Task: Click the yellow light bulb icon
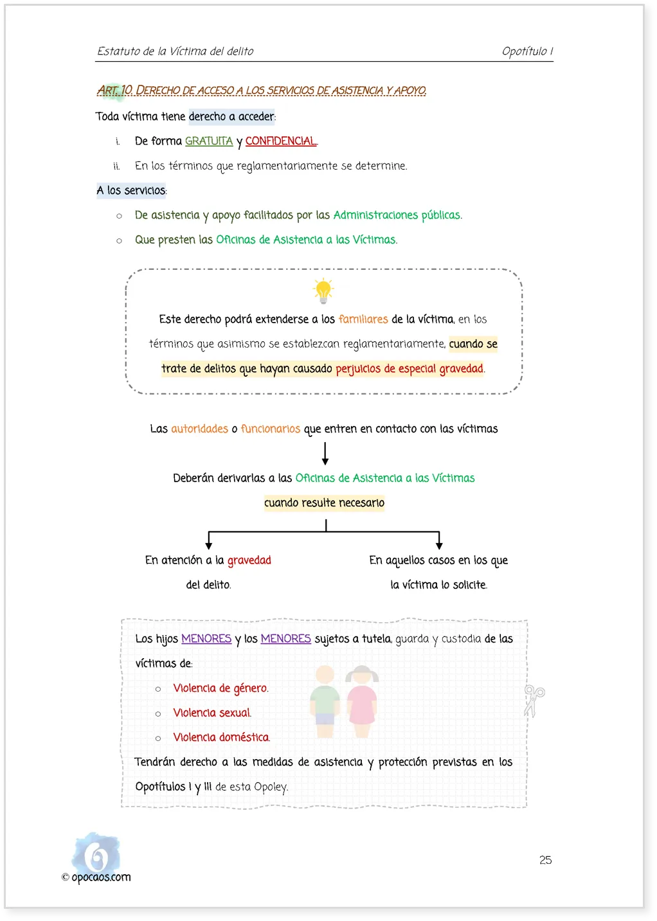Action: click(x=323, y=291)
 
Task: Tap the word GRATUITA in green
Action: click(x=209, y=141)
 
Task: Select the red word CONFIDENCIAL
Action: click(x=281, y=141)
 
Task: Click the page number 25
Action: click(x=545, y=860)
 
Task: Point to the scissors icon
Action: click(x=534, y=701)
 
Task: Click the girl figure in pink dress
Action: click(x=362, y=701)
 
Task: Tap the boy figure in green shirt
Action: click(x=325, y=701)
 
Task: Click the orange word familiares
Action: click(x=363, y=319)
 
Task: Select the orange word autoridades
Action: click(x=199, y=429)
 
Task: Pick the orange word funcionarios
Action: click(x=271, y=429)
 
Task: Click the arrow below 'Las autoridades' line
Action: click(x=325, y=454)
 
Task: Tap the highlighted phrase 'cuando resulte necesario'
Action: click(x=324, y=503)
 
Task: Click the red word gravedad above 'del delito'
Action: click(x=249, y=560)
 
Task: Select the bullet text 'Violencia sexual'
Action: click(x=212, y=713)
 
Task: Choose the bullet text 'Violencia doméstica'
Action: click(x=221, y=737)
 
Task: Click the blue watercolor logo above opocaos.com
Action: click(x=96, y=853)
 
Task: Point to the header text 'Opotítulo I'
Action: click(x=527, y=51)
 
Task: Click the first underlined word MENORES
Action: click(x=206, y=639)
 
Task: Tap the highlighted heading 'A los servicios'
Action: click(x=131, y=190)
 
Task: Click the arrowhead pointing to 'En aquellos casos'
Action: click(x=439, y=546)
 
